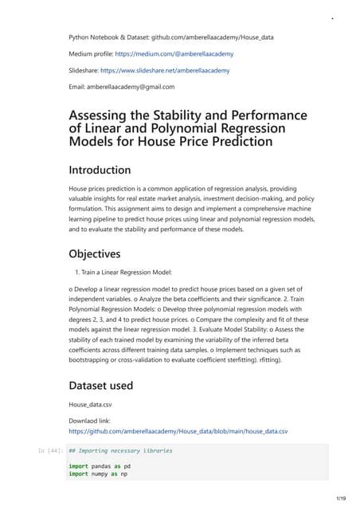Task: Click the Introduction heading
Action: pyautogui.click(x=100, y=170)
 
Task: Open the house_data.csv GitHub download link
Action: pyautogui.click(x=178, y=431)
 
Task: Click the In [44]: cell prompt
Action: pyautogui.click(x=49, y=451)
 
